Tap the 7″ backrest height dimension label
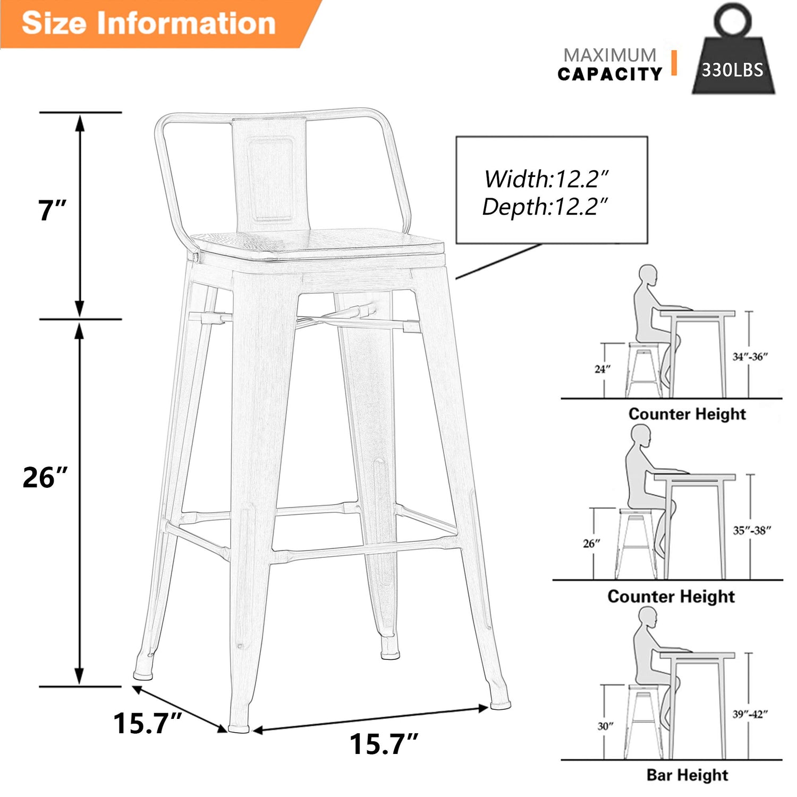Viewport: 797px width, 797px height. point(52,210)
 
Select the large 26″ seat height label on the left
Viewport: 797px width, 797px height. point(46,477)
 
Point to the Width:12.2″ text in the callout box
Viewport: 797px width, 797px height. point(546,179)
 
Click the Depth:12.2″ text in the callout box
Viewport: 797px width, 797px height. point(545,207)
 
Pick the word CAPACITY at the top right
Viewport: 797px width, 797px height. point(610,74)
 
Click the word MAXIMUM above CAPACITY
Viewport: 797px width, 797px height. point(610,55)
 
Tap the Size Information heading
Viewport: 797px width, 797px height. point(149,23)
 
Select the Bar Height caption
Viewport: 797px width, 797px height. point(687,775)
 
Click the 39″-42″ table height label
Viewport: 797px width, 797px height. point(750,714)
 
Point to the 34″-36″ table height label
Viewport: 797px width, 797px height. point(750,357)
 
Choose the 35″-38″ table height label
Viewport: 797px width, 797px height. point(752,530)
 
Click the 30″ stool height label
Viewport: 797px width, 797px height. point(605,726)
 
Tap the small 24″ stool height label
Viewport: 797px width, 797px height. point(603,369)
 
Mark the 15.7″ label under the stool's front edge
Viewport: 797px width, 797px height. point(384,744)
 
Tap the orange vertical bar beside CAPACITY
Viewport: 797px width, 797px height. point(674,63)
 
